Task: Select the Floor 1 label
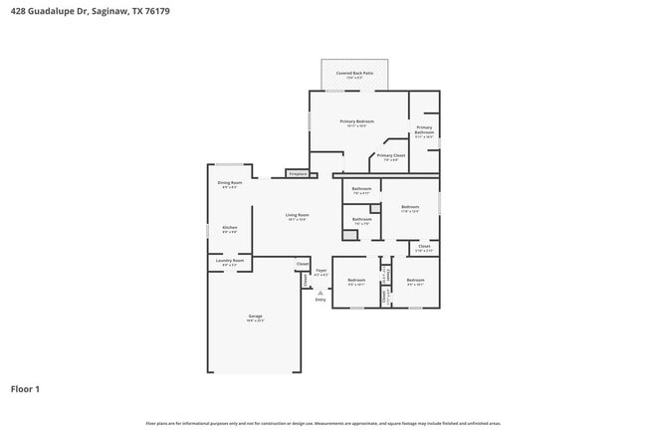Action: tap(27, 389)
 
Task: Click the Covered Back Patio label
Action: tap(354, 73)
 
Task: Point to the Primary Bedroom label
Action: tap(357, 120)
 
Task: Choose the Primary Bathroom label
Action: tap(424, 129)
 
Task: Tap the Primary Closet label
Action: tap(390, 156)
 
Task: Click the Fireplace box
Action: tap(297, 174)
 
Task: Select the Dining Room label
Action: tap(229, 183)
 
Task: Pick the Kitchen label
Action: tap(229, 228)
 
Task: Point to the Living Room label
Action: tap(297, 215)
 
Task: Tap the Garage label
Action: tap(255, 318)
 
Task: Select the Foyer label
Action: tap(322, 271)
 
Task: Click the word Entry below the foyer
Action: tap(321, 299)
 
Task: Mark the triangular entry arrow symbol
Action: tap(321, 292)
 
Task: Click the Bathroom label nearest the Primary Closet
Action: tap(361, 189)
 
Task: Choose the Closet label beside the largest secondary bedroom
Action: tap(423, 247)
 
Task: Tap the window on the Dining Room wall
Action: tap(229, 164)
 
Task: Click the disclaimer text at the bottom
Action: tap(323, 423)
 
